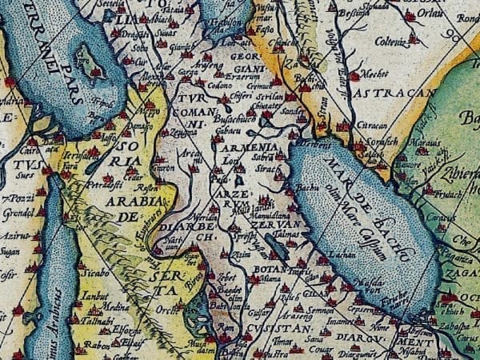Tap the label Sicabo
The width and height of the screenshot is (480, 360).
[x=94, y=272]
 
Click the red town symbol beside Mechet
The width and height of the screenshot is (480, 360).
[x=354, y=76]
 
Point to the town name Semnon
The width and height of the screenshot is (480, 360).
[x=322, y=310]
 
